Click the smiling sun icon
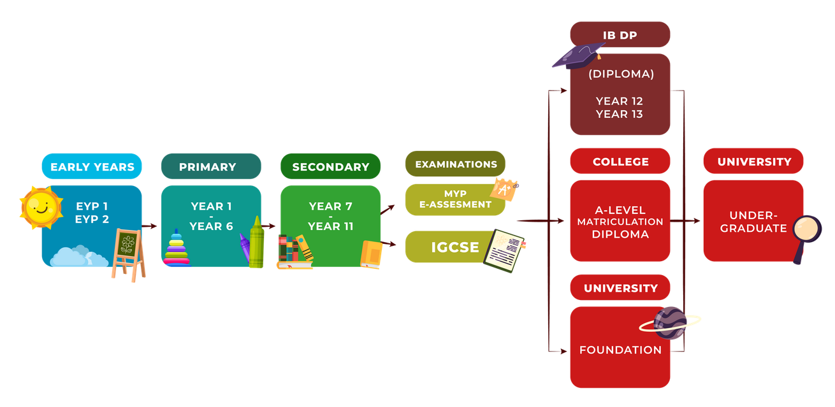point(41,208)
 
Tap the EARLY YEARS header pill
point(92,166)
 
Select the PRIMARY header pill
point(211,166)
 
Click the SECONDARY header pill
point(330,166)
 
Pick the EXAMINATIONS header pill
point(455,164)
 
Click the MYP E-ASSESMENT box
point(455,199)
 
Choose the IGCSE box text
point(454,247)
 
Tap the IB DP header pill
point(620,34)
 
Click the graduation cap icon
point(577,56)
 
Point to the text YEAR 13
point(619,114)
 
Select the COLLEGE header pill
point(620,161)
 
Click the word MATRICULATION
point(620,222)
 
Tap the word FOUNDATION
point(620,350)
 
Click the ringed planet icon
point(670,323)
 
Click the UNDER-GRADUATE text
point(753,222)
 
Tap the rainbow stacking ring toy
point(177,248)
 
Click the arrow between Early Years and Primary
point(149,226)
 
